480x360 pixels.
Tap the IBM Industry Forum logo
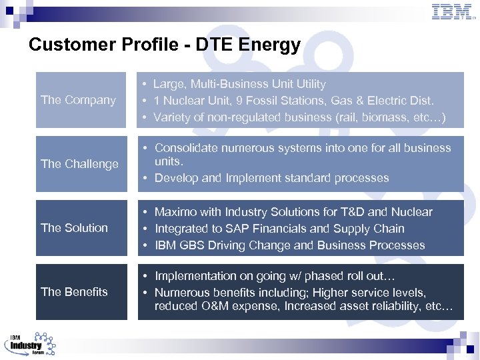(31, 345)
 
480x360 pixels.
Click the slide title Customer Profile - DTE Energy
(165, 45)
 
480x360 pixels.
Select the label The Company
(78, 100)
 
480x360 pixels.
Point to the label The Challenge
(79, 164)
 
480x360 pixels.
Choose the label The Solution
(74, 228)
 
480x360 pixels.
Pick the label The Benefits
(74, 292)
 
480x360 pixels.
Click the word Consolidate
(188, 148)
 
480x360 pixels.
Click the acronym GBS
(193, 245)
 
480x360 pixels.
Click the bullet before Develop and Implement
(145, 178)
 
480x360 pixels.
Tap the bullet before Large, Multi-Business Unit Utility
(143, 84)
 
